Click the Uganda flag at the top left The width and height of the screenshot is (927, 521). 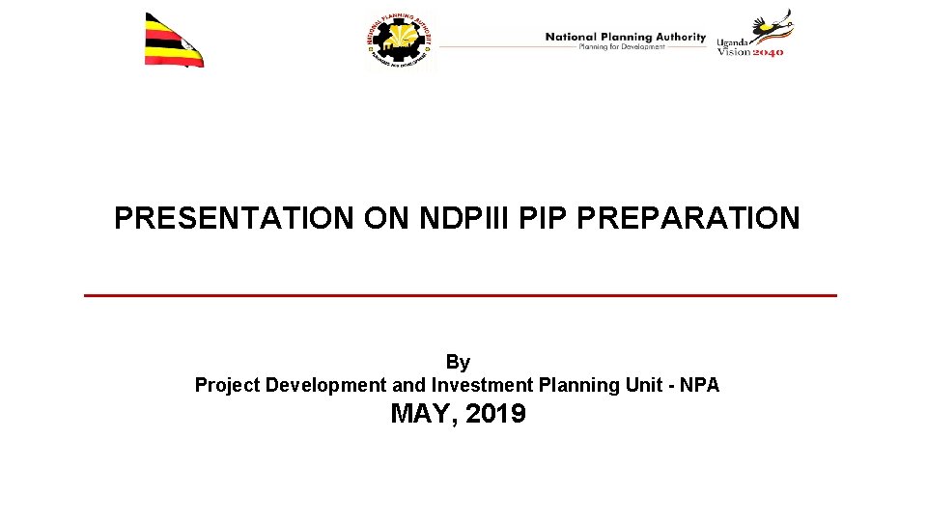(x=173, y=41)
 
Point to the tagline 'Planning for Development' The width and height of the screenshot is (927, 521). (x=622, y=47)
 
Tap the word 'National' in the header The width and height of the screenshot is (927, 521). (x=571, y=37)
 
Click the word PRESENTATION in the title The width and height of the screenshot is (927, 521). (x=234, y=218)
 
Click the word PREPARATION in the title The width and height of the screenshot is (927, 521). (x=688, y=218)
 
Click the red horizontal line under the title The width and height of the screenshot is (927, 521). (x=461, y=295)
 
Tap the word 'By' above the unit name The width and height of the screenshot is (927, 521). (x=458, y=363)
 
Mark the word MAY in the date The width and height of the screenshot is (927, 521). (x=421, y=415)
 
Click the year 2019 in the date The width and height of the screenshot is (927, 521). (x=495, y=415)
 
